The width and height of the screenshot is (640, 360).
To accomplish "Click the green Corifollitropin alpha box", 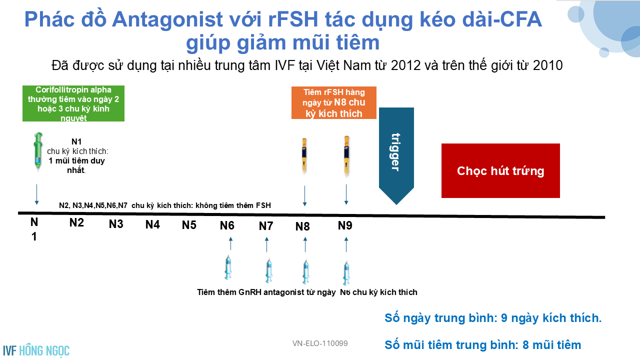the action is point(73,103).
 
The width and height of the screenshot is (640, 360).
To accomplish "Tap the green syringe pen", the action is point(38,151).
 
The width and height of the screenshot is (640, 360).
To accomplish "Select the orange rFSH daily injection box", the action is point(333,102).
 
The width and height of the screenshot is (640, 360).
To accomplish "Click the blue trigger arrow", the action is point(396,155).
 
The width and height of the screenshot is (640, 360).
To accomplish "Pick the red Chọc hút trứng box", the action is point(500,170).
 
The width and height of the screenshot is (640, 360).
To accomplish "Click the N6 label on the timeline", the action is point(227,225).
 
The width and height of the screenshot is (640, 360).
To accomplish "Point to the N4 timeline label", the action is point(152,224).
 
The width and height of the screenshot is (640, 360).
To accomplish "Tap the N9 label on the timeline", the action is point(345,225).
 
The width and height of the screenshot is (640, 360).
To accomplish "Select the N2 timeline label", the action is point(76,222).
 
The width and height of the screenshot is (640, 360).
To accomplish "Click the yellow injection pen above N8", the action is point(304,156).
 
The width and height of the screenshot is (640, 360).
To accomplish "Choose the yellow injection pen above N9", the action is point(346,155).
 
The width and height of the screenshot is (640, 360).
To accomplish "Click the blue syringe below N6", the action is point(228,267).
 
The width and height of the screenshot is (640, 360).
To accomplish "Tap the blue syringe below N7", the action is point(269,271).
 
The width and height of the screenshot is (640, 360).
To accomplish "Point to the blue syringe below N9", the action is point(346,273).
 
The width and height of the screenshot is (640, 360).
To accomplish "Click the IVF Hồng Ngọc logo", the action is point(36,350).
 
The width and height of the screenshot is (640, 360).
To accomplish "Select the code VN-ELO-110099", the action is point(320,343).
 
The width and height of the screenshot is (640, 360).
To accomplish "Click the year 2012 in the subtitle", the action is point(405,65).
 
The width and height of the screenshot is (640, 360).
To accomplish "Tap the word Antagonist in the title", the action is point(167,19).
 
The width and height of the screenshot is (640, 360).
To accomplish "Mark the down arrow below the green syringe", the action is point(36,194).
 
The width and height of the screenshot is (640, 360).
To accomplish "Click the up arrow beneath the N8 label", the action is point(305,244).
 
